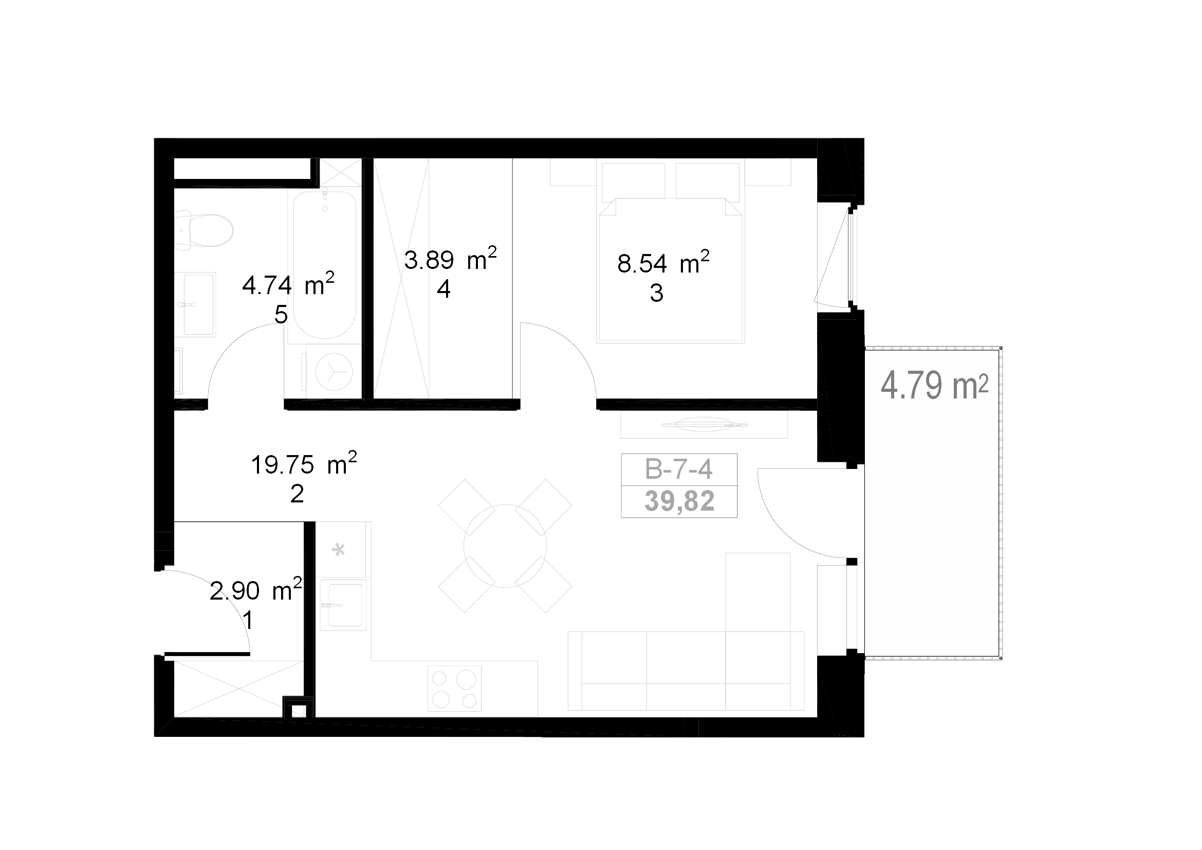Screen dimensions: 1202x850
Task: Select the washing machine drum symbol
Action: pyautogui.click(x=334, y=372)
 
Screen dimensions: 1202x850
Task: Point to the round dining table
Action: pyautogui.click(x=505, y=546)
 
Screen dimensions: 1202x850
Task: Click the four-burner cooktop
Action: pyautogui.click(x=454, y=689)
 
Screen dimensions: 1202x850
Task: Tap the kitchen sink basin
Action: pyautogui.click(x=343, y=605)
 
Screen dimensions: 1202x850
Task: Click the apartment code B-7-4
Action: pyautogui.click(x=678, y=469)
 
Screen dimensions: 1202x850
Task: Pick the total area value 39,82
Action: pyautogui.click(x=679, y=501)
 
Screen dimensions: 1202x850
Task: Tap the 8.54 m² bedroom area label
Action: pyautogui.click(x=663, y=263)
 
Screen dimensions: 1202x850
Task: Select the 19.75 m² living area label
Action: pyautogui.click(x=304, y=464)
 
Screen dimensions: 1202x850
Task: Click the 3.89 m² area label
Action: pyautogui.click(x=450, y=259)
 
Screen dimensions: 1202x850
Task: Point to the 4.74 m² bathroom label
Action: pyautogui.click(x=288, y=285)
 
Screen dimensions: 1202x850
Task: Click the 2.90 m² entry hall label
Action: pyautogui.click(x=255, y=590)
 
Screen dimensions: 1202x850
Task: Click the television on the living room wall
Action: pyautogui.click(x=704, y=424)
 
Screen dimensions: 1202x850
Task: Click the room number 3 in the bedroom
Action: pyautogui.click(x=656, y=293)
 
